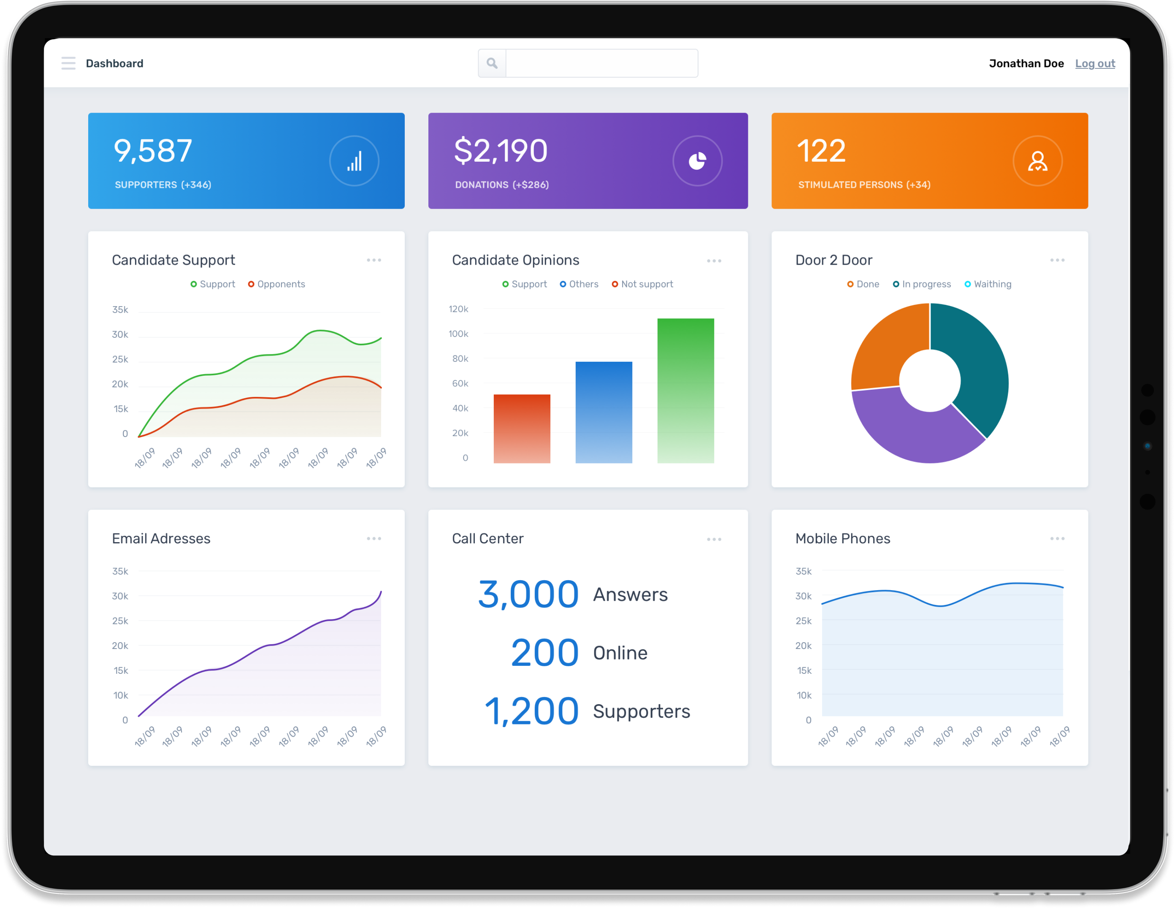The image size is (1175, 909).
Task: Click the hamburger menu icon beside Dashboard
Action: (x=68, y=63)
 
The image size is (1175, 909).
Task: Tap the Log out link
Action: (x=1095, y=63)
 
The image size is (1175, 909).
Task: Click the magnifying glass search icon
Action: (x=492, y=63)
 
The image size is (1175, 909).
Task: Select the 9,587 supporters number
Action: (x=153, y=151)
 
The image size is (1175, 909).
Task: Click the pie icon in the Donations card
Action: (x=697, y=161)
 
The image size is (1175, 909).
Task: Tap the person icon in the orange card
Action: (x=1037, y=161)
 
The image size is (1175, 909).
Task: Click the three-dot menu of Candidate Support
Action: (x=374, y=260)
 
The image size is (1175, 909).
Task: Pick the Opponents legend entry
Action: (x=276, y=284)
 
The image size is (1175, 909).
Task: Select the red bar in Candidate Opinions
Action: (x=522, y=429)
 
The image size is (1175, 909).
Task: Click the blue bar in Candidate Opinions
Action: (x=604, y=412)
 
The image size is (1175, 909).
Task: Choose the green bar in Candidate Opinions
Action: (x=685, y=391)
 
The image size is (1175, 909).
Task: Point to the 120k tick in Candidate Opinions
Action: (x=458, y=309)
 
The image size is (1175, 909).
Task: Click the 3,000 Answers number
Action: (x=528, y=595)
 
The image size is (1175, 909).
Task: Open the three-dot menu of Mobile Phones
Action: (x=1057, y=539)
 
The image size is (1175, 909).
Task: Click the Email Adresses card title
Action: (x=161, y=539)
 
